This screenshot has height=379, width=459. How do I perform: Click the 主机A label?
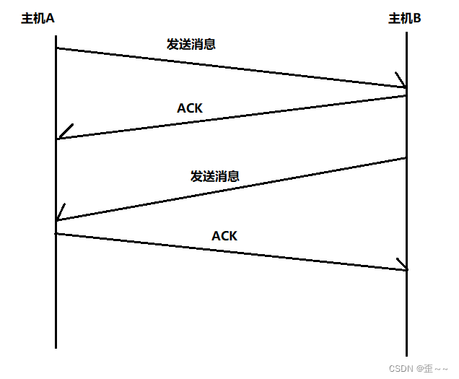[x=38, y=19]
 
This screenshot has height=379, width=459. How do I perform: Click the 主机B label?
[x=405, y=19]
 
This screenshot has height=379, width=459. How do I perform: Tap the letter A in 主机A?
[x=50, y=19]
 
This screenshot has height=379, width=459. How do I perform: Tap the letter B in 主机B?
[x=416, y=19]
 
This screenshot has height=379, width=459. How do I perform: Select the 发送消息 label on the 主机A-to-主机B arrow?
[x=191, y=43]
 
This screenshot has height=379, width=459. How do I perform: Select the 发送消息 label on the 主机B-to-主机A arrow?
[x=215, y=175]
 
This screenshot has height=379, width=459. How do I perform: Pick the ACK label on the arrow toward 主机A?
[x=190, y=108]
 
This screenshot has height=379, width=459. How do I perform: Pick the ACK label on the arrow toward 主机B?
[x=224, y=235]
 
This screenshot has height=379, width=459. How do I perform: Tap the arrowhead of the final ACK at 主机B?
[x=402, y=266]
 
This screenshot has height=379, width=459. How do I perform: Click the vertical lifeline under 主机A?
[x=56, y=303]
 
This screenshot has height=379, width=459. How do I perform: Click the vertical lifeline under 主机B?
[x=407, y=318]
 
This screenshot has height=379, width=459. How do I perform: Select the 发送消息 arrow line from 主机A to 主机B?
[x=231, y=68]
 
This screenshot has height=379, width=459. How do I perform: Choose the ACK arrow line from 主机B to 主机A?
[x=231, y=117]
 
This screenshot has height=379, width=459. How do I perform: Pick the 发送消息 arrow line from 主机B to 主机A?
[x=231, y=189]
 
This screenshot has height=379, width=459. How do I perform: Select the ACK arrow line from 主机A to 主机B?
[x=231, y=251]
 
